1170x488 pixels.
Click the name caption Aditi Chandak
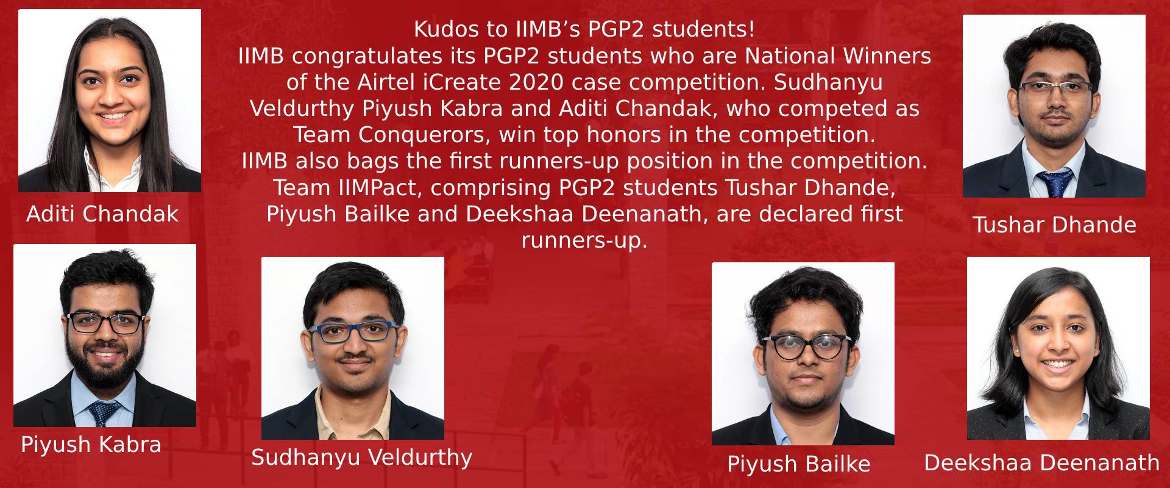[x=102, y=214]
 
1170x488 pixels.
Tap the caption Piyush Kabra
[x=91, y=445]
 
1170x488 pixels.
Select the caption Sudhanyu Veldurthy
[x=362, y=457]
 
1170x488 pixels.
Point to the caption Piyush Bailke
[x=798, y=464]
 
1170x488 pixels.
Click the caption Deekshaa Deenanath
[x=1041, y=463]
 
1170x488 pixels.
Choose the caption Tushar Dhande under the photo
[x=1054, y=225]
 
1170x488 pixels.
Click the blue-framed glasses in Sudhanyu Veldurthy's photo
[x=353, y=331]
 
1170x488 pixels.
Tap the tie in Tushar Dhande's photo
[x=1055, y=182]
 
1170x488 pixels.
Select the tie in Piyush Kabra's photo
[x=105, y=413]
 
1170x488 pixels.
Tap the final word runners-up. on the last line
[x=584, y=240]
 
